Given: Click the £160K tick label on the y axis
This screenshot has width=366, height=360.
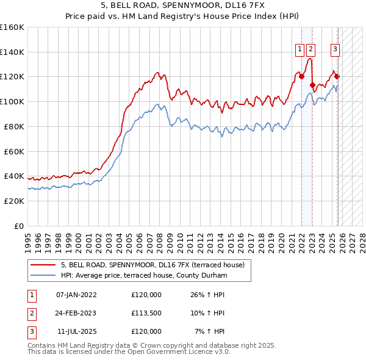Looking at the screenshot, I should tap(12, 27).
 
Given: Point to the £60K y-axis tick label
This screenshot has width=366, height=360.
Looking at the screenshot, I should tap(14, 151).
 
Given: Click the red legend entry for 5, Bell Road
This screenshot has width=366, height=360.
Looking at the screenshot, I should tap(152, 265).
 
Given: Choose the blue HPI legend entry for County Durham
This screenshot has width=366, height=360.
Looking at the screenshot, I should tap(143, 276).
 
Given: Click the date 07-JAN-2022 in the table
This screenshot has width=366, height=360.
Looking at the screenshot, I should tap(76, 295).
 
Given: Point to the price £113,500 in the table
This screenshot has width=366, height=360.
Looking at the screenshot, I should tap(146, 313).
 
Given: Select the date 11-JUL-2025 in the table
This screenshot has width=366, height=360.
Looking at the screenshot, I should tap(76, 331).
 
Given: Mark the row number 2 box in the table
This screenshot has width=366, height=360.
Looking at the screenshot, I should tap(31, 313).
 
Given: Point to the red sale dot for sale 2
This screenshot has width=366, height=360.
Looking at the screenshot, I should tap(312, 85).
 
